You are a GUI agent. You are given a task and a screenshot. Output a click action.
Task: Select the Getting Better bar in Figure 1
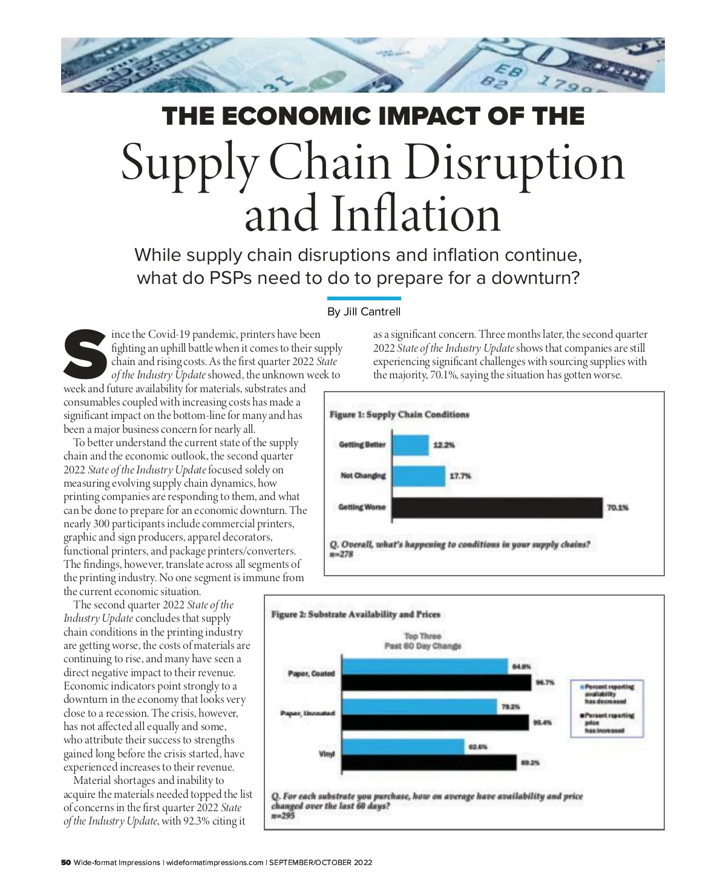411,445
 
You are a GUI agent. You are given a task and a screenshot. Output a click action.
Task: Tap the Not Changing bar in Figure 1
419,476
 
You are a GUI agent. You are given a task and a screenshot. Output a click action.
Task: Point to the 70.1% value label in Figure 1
618,507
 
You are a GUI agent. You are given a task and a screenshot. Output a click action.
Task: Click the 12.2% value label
444,445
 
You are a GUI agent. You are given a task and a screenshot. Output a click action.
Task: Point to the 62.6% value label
478,747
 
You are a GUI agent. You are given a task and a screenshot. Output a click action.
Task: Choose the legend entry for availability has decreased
609,694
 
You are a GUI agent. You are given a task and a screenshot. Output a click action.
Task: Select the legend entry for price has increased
609,723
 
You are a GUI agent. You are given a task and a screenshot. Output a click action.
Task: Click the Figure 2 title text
356,614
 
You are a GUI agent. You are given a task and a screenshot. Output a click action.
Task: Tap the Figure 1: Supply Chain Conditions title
399,415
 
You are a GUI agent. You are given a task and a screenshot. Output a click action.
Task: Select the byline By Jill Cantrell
364,312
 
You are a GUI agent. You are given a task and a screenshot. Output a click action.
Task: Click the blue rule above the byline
364,298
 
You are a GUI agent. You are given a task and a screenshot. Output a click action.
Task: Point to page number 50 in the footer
66,863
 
